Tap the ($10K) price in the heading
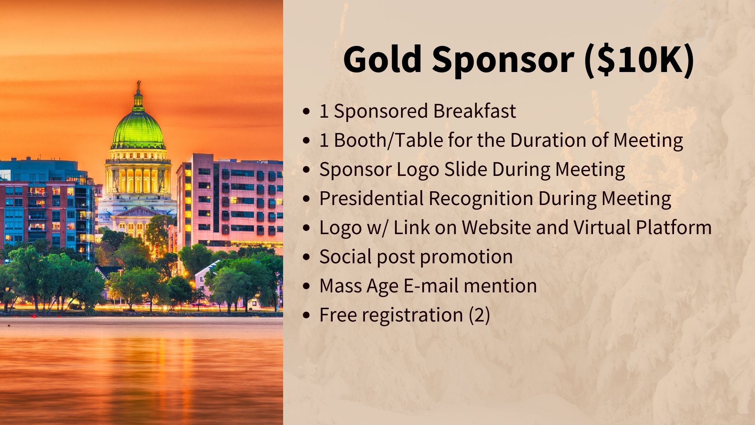point(639,60)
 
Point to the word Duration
point(548,140)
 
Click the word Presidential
point(371,198)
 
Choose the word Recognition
point(481,199)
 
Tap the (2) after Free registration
point(479,315)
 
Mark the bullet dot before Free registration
point(307,315)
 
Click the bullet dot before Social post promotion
point(307,257)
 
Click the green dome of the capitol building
point(138,128)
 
